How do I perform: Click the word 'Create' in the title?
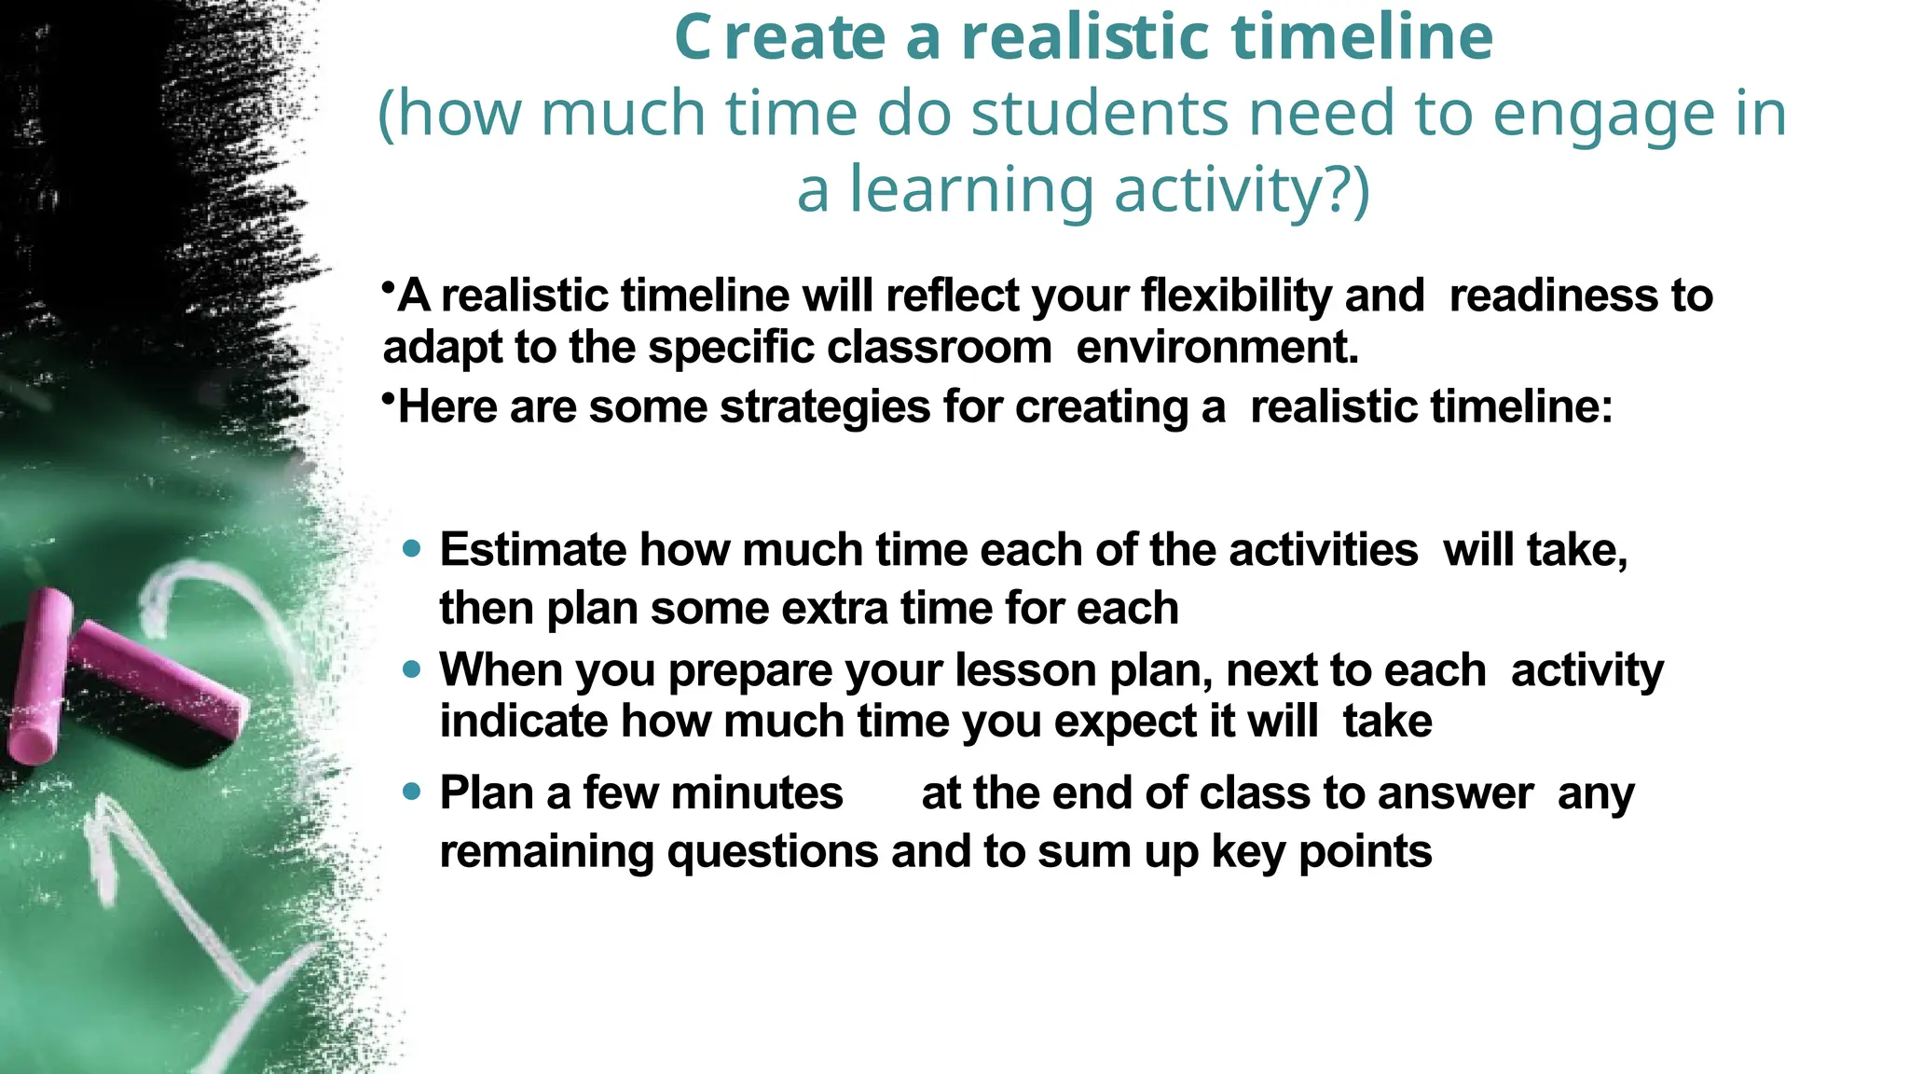(779, 38)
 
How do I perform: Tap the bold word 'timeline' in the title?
(1362, 38)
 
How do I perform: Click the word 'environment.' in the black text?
(1217, 348)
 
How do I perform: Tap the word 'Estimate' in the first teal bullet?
(533, 550)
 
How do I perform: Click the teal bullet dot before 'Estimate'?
(412, 548)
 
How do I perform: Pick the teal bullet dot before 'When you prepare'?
(412, 668)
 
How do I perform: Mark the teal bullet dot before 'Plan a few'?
(412, 792)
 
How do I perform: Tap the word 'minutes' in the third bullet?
(757, 793)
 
